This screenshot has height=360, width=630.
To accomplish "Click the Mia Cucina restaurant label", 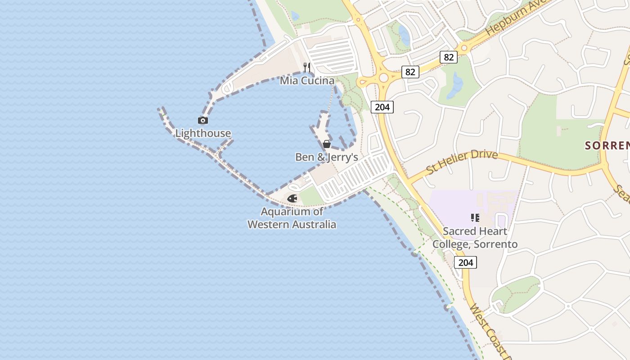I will [307, 81].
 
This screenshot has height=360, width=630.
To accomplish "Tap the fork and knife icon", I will [307, 67].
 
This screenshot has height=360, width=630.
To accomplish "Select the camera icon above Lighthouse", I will [203, 120].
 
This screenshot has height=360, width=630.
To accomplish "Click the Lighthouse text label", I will [203, 133].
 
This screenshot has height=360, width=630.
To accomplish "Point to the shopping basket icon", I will [327, 144].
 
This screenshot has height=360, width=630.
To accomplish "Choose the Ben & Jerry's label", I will [326, 157].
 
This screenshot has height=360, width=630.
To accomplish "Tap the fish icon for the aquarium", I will [292, 198].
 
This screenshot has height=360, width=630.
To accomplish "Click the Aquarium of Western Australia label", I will [292, 218].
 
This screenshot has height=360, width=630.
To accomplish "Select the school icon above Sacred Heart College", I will [475, 218].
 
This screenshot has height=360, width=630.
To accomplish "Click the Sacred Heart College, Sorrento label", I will [475, 238].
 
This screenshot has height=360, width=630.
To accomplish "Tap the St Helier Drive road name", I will [462, 162].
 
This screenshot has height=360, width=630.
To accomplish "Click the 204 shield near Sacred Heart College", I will [465, 262].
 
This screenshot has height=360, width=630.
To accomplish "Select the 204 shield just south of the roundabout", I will [382, 107].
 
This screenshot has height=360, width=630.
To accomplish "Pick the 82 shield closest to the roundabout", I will [410, 72].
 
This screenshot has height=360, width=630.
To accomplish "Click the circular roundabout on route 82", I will [383, 78].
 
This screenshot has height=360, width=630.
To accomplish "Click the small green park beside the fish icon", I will [311, 196].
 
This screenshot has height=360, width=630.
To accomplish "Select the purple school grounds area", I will [454, 202].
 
